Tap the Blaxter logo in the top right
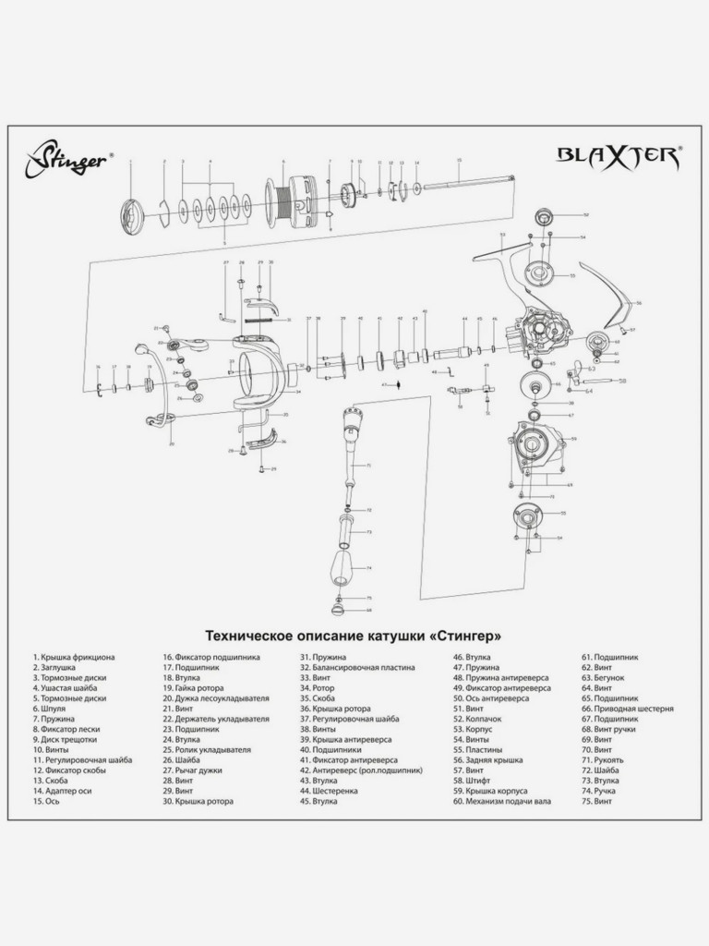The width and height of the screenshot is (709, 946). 618,154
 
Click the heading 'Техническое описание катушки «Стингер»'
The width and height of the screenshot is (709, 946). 354,636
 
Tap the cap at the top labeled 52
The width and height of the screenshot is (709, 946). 542,217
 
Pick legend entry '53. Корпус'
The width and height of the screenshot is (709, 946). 473,729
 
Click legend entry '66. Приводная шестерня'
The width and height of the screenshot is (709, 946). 627,709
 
